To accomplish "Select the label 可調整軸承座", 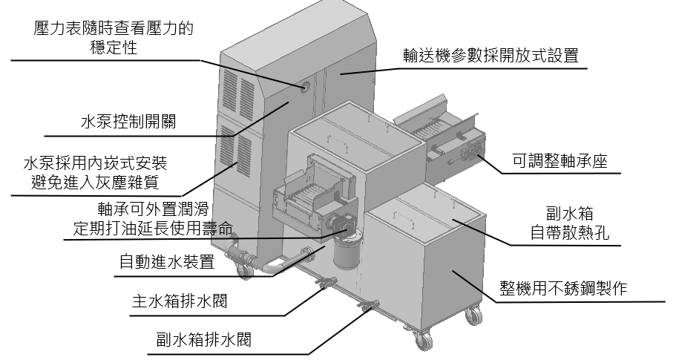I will (x=559, y=160).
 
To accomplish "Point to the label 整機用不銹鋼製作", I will (x=564, y=287).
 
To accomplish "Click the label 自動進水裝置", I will (x=167, y=262).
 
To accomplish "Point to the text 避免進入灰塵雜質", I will (x=93, y=180).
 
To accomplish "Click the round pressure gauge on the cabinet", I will (x=306, y=87).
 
